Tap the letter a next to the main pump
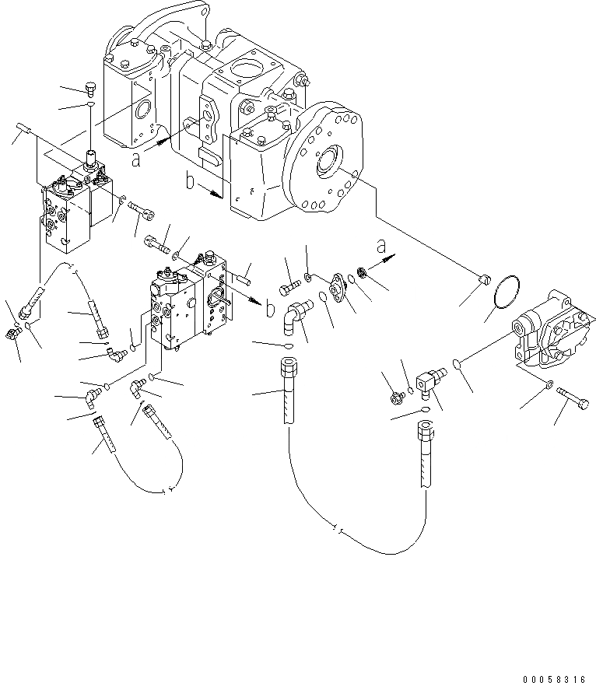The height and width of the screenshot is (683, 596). click(137, 160)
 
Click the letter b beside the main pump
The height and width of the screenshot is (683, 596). click(190, 184)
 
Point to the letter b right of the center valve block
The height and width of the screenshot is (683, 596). click(268, 310)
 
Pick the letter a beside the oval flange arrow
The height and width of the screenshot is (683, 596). click(380, 247)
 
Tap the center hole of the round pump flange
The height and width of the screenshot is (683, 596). click(325, 163)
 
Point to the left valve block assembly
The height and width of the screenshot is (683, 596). click(74, 208)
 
